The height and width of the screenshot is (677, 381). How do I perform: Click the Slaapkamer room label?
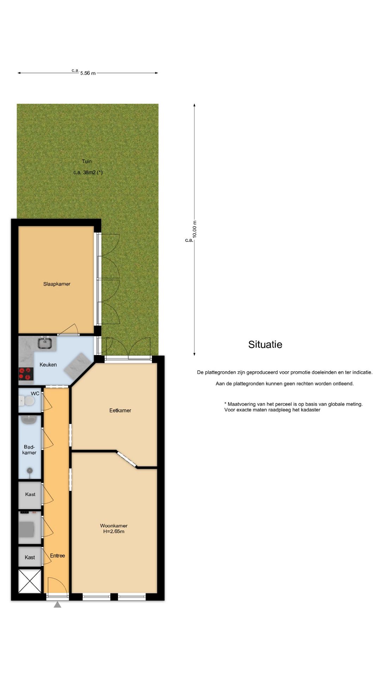[57, 284]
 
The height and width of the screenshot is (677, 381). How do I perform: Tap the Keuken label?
[48, 365]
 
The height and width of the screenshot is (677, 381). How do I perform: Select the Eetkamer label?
[120, 410]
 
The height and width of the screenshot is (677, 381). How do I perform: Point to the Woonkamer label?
[114, 526]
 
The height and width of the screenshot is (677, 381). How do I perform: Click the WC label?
[35, 394]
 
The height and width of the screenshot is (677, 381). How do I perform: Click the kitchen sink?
[45, 342]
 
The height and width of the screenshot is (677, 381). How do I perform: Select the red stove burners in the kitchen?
[25, 374]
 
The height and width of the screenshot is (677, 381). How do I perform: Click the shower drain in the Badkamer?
[30, 470]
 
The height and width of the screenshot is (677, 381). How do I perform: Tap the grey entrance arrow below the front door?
[58, 604]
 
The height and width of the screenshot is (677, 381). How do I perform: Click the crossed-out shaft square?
[30, 581]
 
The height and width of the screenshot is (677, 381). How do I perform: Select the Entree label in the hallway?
[58, 556]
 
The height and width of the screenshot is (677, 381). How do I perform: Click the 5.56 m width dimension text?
[88, 73]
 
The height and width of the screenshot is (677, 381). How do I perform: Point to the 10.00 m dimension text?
[195, 229]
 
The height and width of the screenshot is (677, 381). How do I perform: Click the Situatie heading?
[265, 344]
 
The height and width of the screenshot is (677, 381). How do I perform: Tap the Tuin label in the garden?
[87, 161]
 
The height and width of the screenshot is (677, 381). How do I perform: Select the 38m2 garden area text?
[88, 172]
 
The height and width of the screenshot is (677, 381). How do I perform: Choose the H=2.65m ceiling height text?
[114, 531]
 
